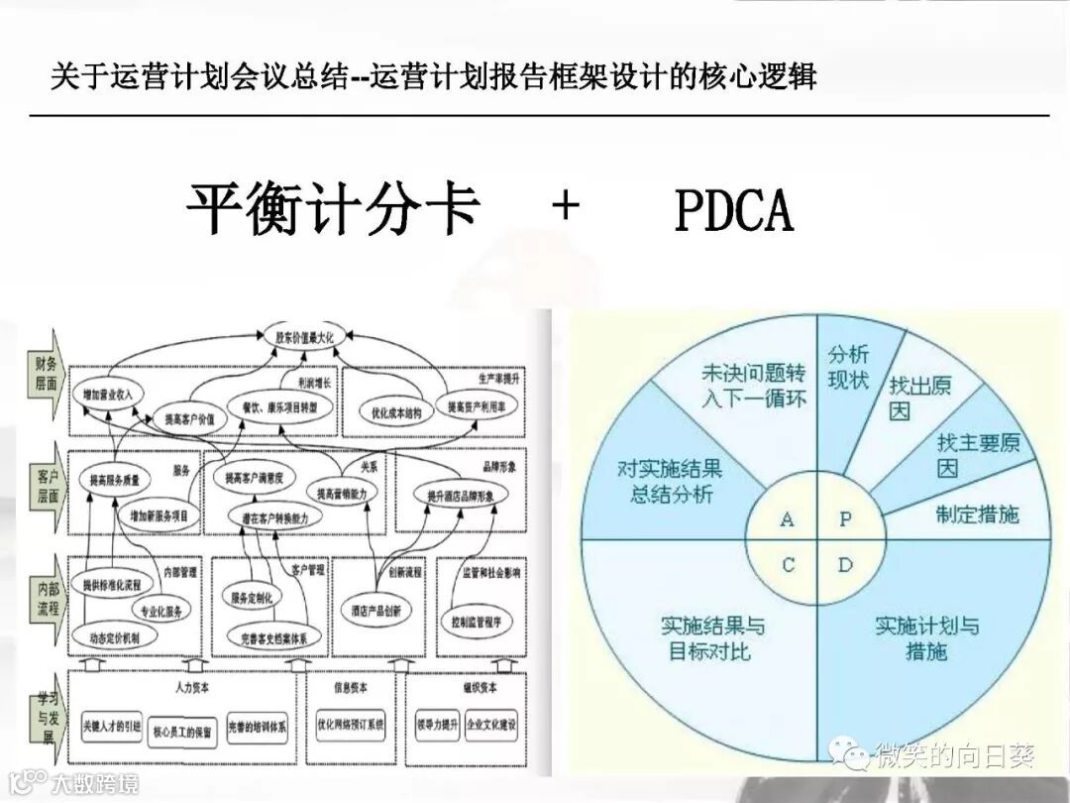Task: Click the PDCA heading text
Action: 733,210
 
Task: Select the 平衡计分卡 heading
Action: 334,210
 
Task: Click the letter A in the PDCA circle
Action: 788,519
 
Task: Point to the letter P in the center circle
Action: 845,519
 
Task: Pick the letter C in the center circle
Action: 788,565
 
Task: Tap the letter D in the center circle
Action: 845,565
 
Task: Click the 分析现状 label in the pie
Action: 848,367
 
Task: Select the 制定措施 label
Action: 977,514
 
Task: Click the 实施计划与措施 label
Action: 926,637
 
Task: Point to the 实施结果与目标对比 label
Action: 712,637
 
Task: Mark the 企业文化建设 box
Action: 491,725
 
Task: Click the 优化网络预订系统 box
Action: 351,725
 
